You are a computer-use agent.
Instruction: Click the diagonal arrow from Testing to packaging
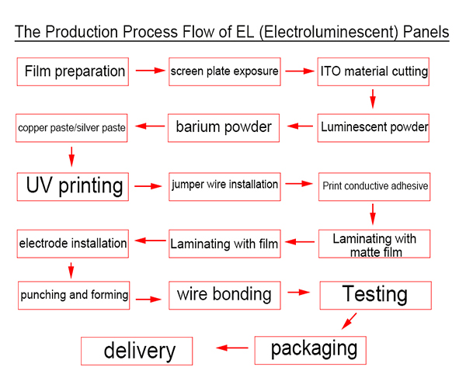349,321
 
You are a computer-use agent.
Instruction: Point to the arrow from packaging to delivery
232,348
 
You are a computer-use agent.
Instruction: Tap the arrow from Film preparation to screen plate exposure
151,71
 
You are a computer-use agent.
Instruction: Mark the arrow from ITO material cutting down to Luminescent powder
373,99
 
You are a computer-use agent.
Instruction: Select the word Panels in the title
426,32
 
